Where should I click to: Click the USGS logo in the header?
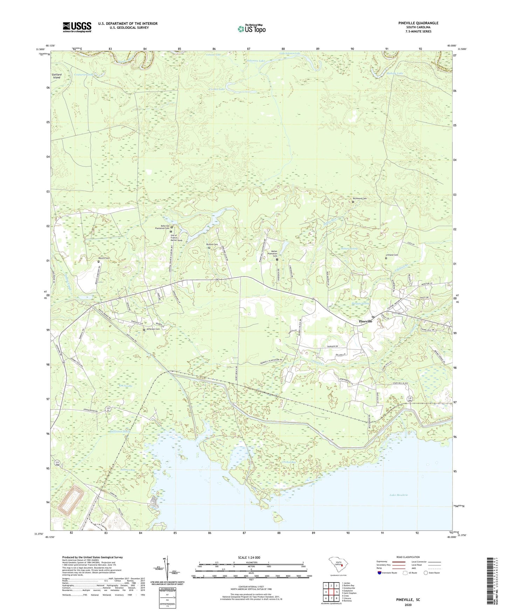77,27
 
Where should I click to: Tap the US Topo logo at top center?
251,29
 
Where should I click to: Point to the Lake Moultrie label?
398,495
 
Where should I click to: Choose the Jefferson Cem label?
153,329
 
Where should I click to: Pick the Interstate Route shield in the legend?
380,573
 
